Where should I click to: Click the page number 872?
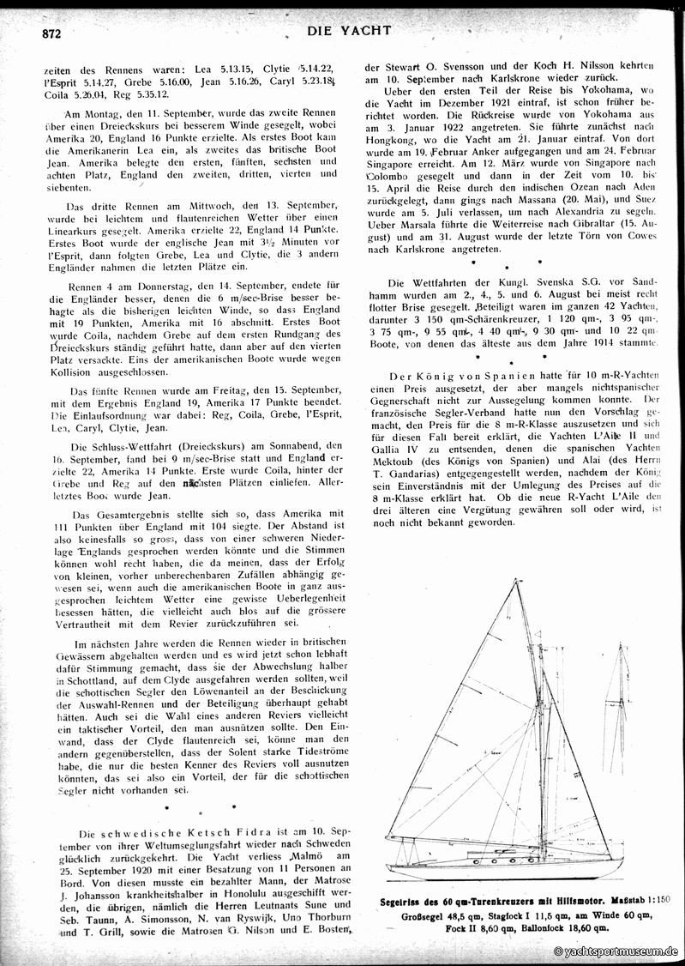(43, 34)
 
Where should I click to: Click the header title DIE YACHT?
(347, 30)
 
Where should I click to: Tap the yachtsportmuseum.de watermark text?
(616, 951)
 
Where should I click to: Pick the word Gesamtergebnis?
(117, 510)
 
